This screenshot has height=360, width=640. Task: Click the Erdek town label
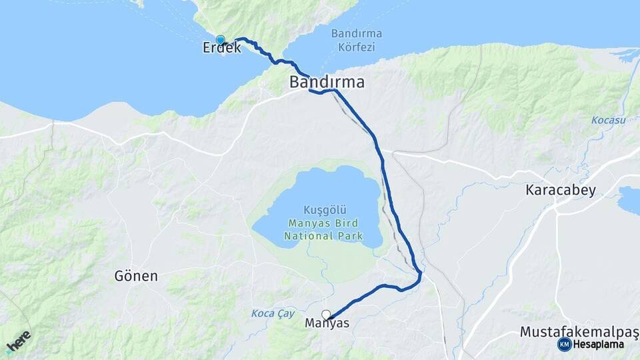(222, 48)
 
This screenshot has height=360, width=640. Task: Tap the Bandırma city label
(327, 83)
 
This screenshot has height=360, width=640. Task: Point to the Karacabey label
(561, 189)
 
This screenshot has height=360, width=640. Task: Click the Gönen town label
(136, 275)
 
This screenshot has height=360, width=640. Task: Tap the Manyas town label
(327, 323)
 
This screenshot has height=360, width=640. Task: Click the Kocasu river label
(607, 120)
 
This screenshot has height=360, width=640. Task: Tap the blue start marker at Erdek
(220, 40)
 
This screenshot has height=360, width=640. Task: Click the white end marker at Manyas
(326, 315)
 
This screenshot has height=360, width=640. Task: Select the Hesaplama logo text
(598, 345)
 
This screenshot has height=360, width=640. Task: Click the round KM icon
(565, 345)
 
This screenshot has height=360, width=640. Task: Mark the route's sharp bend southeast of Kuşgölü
(420, 273)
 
